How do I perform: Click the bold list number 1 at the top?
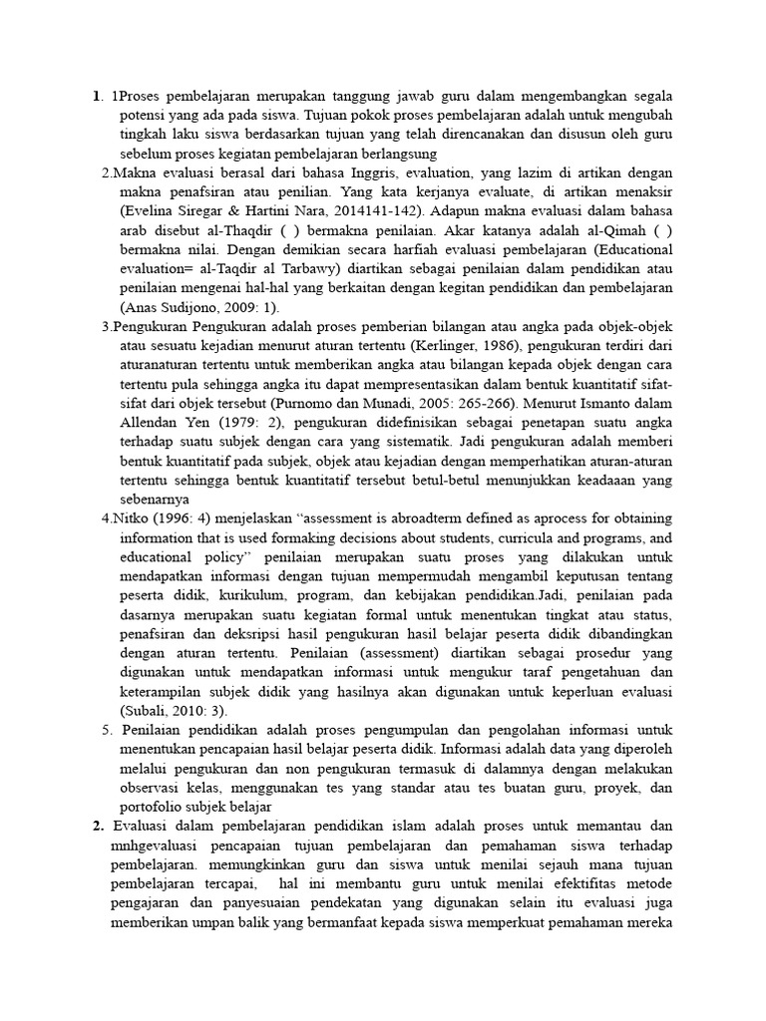(x=97, y=97)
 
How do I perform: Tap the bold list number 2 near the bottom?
(x=98, y=826)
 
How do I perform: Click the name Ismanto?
(x=603, y=404)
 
